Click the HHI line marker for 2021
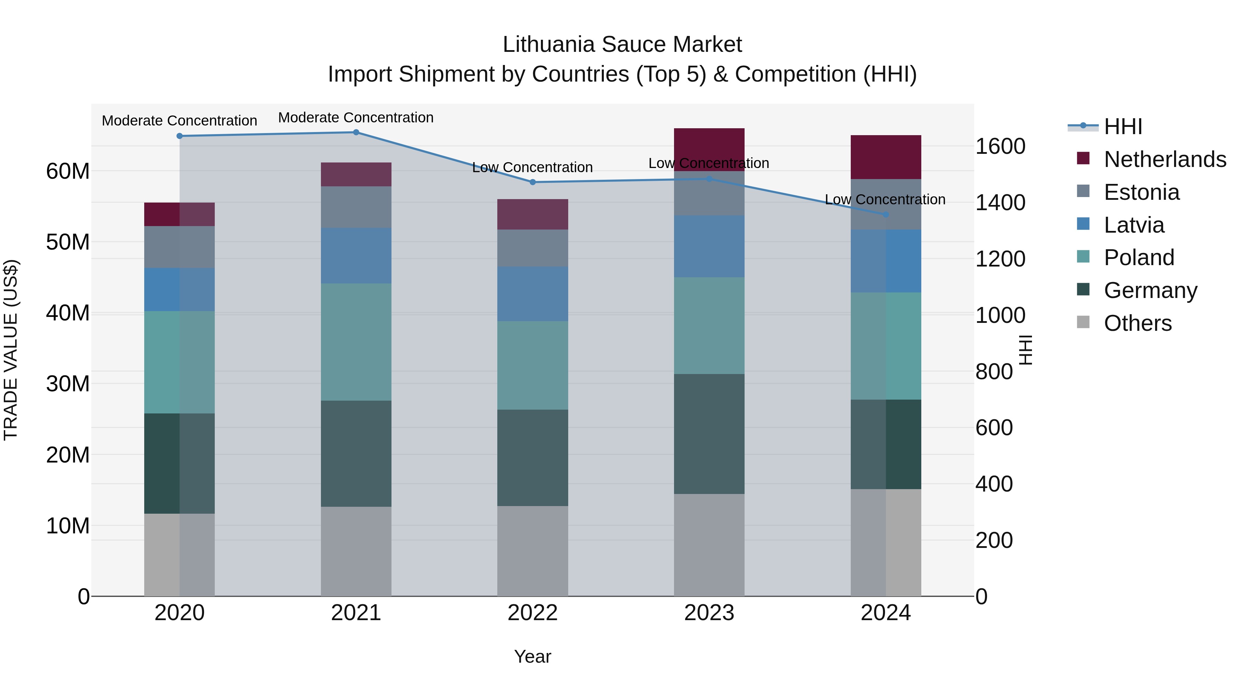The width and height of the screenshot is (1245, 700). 356,132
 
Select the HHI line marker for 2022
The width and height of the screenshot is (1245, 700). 533,182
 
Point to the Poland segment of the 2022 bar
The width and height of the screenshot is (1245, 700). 533,365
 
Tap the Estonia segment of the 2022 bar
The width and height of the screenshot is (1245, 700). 533,248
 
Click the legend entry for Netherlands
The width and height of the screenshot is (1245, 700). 1165,159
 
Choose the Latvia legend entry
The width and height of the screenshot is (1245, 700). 1134,225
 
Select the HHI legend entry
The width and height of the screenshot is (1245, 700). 1123,127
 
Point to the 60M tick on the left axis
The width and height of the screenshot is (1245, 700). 68,171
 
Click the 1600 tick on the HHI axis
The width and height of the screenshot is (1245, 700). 1000,146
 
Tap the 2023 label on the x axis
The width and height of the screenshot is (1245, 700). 709,613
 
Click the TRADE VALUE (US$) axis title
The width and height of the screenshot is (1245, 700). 11,350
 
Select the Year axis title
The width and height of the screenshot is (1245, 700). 533,656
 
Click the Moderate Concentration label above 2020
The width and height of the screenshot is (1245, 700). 179,121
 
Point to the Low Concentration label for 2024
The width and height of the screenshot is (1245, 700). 885,199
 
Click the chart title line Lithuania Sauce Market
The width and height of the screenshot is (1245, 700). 622,45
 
